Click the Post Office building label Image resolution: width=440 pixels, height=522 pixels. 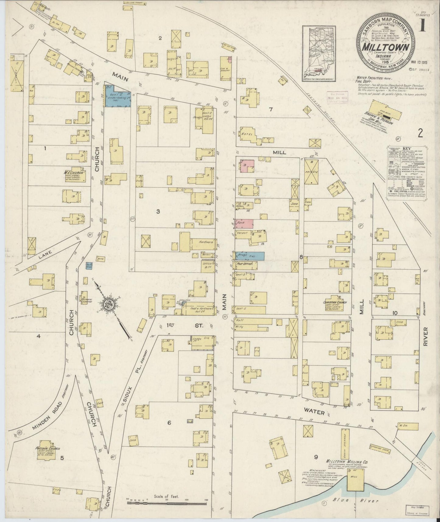click(x=245, y=264)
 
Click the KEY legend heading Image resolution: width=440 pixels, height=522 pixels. click(x=407, y=148)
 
